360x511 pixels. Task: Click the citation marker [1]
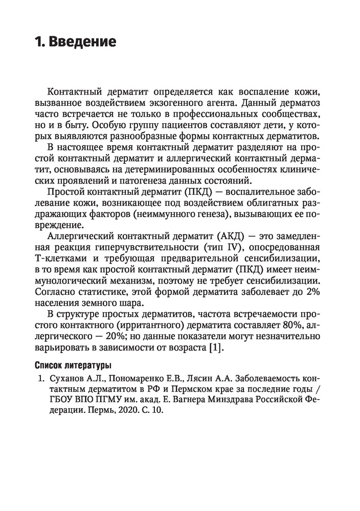click(x=216, y=349)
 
